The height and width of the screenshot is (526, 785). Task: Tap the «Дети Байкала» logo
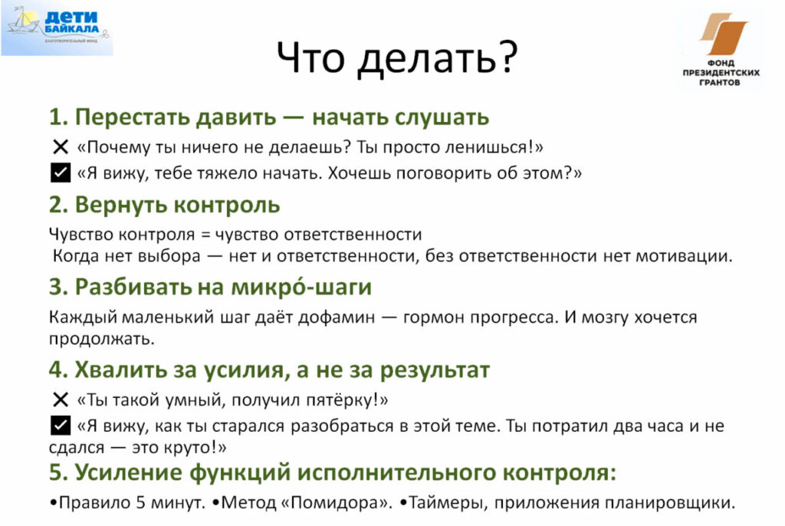[57, 28]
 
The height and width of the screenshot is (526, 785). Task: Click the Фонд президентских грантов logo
[721, 49]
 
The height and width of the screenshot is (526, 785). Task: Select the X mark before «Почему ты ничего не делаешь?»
[60, 147]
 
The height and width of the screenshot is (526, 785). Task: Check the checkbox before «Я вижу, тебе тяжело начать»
[61, 173]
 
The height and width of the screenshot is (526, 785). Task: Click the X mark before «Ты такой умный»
[60, 399]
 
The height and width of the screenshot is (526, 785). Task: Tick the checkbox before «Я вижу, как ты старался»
[61, 426]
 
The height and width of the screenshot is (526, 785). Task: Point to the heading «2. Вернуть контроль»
[164, 205]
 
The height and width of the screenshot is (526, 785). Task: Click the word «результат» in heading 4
[435, 370]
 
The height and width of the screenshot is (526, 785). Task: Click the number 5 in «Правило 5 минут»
[141, 502]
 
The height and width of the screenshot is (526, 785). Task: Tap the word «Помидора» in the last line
[335, 502]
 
